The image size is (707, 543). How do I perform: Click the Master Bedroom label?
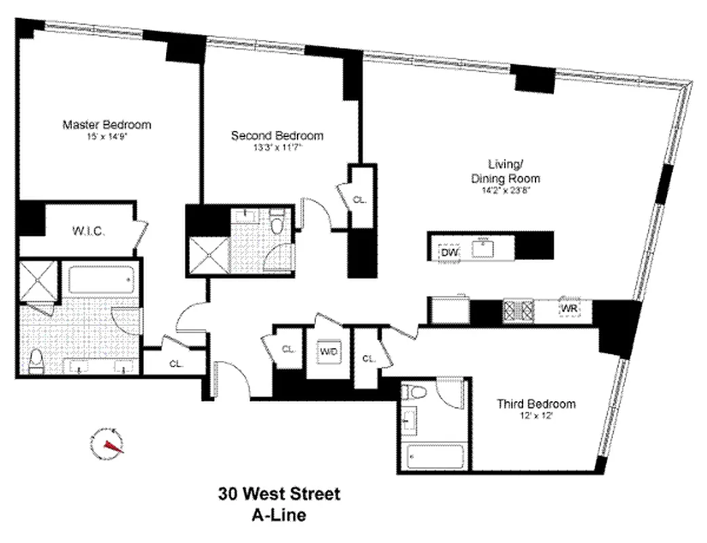[106, 125]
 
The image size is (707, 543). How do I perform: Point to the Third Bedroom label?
[536, 404]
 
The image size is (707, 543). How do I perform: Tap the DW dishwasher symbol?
[449, 252]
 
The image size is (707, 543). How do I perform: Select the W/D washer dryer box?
[329, 351]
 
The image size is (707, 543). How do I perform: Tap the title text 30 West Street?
[279, 493]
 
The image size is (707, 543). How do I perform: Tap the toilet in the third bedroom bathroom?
[415, 392]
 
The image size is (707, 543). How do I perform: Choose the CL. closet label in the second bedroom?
[360, 200]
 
